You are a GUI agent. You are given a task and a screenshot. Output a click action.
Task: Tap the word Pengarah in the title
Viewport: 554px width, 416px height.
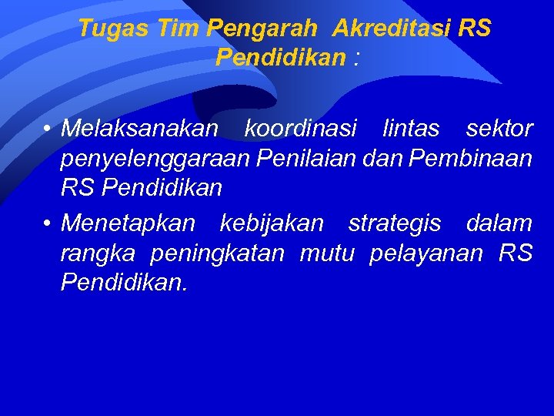click(262, 29)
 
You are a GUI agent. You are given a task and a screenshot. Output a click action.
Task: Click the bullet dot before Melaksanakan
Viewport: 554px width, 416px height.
click(48, 129)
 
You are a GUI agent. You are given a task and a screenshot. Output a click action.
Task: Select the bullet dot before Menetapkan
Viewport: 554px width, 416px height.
click(48, 224)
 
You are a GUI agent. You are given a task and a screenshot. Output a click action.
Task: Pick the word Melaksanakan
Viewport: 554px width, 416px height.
click(140, 129)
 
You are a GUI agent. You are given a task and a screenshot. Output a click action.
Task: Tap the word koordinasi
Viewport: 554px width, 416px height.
click(301, 129)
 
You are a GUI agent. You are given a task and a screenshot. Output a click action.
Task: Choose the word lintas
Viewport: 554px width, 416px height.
click(412, 129)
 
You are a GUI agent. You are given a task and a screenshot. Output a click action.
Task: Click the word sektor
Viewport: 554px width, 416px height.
click(499, 129)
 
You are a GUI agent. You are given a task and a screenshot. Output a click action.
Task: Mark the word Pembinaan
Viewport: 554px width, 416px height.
click(471, 158)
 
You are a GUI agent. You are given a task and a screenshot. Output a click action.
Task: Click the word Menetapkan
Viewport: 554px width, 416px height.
click(128, 224)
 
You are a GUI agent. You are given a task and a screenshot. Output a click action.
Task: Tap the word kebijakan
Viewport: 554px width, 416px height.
click(272, 224)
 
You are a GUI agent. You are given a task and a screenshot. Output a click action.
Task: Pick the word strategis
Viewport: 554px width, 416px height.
click(395, 224)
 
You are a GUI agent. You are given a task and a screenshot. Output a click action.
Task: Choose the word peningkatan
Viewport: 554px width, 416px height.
click(219, 253)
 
